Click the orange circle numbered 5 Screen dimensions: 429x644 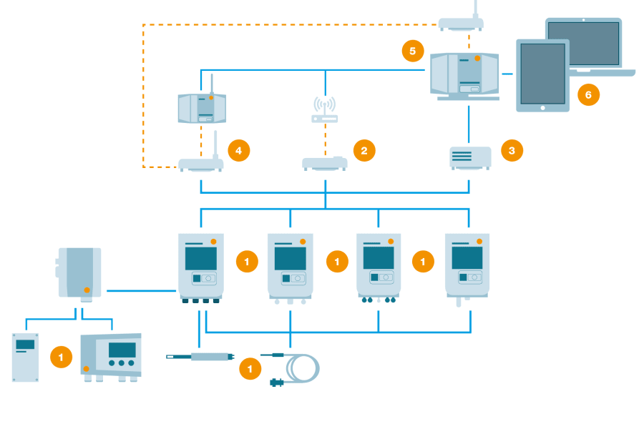coord(412,51)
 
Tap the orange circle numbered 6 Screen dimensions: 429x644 coord(588,94)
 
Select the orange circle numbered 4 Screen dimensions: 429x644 coord(238,150)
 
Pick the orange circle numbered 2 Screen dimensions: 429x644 coord(364,150)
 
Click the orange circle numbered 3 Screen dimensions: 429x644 coord(512,150)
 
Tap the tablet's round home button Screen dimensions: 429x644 coord(542,107)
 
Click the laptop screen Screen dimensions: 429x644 coord(583,44)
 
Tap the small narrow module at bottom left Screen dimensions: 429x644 coord(26,357)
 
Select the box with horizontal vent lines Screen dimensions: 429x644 coord(469,158)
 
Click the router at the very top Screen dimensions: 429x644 coord(461,24)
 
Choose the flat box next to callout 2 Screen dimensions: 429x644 coord(324,164)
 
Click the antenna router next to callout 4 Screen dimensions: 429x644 coord(200,164)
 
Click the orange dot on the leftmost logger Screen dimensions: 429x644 coord(213,242)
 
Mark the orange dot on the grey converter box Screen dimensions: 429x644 coord(87,290)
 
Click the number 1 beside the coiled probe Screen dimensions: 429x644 coord(250,369)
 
